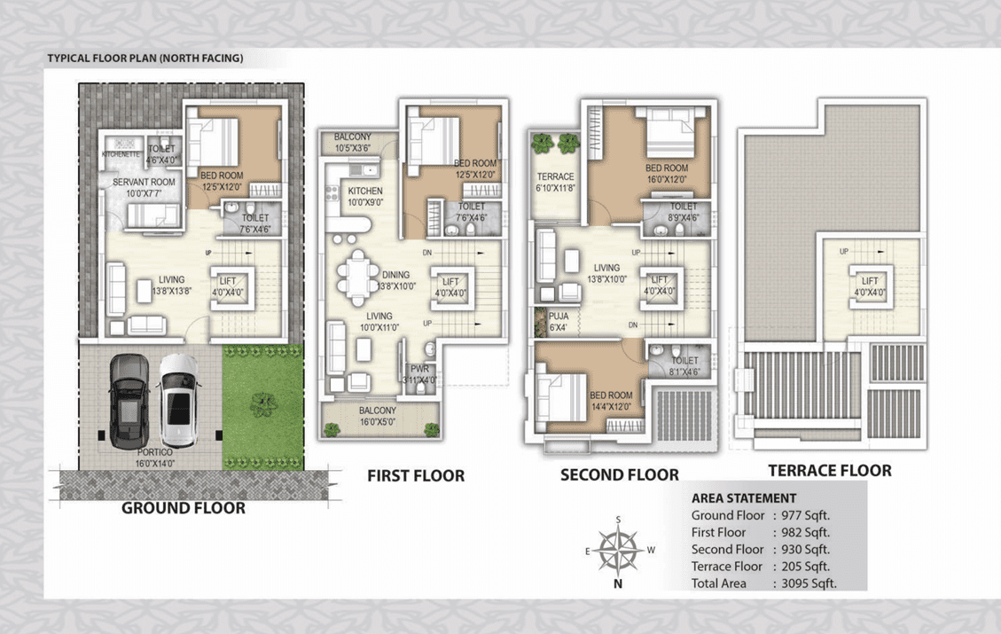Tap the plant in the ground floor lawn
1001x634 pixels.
point(262,403)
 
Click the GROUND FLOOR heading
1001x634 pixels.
point(183,508)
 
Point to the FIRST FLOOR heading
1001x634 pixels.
point(416,476)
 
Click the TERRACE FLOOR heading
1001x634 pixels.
point(829,470)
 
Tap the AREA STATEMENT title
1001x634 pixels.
point(743,498)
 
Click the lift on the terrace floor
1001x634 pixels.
point(869,286)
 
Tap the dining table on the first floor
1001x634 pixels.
point(359,276)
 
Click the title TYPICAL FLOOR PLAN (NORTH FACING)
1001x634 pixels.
point(145,59)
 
